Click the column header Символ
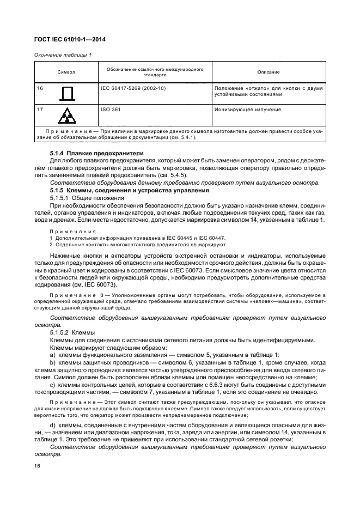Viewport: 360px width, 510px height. (x=66, y=72)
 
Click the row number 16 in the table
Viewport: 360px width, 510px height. (x=40, y=88)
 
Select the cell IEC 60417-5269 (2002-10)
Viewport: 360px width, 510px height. (x=133, y=88)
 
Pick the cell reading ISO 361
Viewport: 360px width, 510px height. (x=111, y=110)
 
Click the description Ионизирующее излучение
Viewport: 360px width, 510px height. (x=248, y=110)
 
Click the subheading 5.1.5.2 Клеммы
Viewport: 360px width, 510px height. (x=72, y=332)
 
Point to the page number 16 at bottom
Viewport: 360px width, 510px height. (x=38, y=465)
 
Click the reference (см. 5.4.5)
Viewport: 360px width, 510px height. (x=173, y=175)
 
